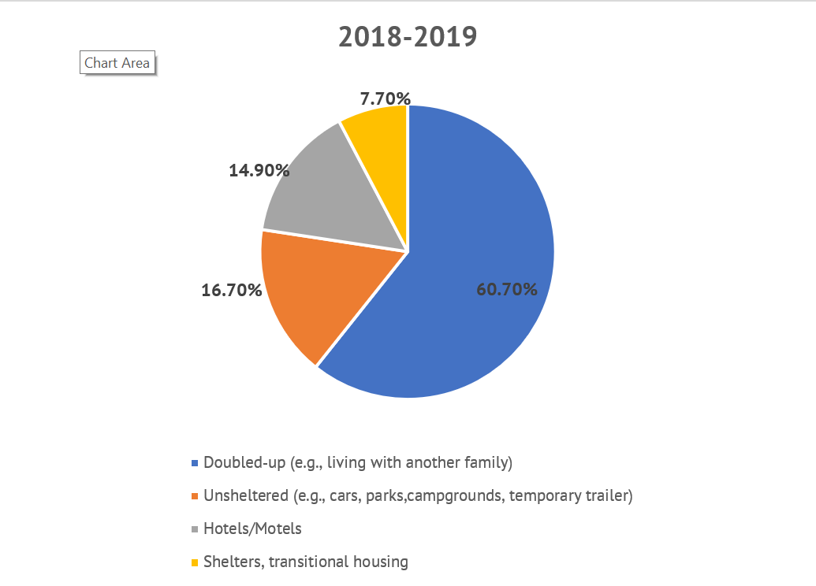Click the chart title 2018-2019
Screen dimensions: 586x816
(408, 37)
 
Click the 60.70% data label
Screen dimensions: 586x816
(507, 289)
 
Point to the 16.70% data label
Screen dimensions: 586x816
(232, 291)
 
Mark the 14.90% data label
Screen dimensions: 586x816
(259, 170)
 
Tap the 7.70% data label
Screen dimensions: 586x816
(385, 99)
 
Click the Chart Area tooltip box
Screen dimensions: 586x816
(117, 63)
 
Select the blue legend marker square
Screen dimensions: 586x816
(195, 463)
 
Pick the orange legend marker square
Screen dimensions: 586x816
(195, 496)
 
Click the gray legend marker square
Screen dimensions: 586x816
(195, 529)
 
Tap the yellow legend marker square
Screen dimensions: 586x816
(195, 562)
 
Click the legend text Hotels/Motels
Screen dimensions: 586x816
(252, 529)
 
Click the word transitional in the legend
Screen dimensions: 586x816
(314, 562)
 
